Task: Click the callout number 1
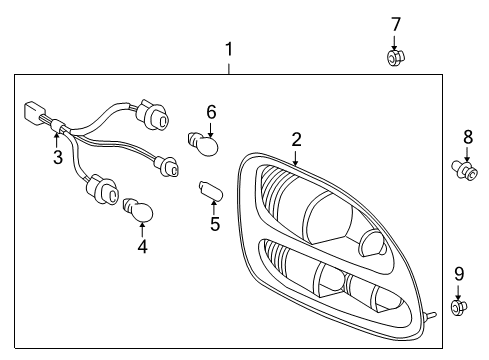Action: (x=229, y=49)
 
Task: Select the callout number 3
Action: (x=58, y=158)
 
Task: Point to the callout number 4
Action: (x=142, y=245)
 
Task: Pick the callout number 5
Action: (x=214, y=224)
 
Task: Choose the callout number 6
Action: (x=211, y=111)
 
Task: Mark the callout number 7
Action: (x=395, y=23)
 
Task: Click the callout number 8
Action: (x=467, y=136)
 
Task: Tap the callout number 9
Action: (x=459, y=273)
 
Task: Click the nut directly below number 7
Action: (x=395, y=57)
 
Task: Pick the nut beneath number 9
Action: (x=458, y=308)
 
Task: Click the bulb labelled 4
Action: (x=137, y=209)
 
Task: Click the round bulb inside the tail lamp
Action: (x=369, y=243)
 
